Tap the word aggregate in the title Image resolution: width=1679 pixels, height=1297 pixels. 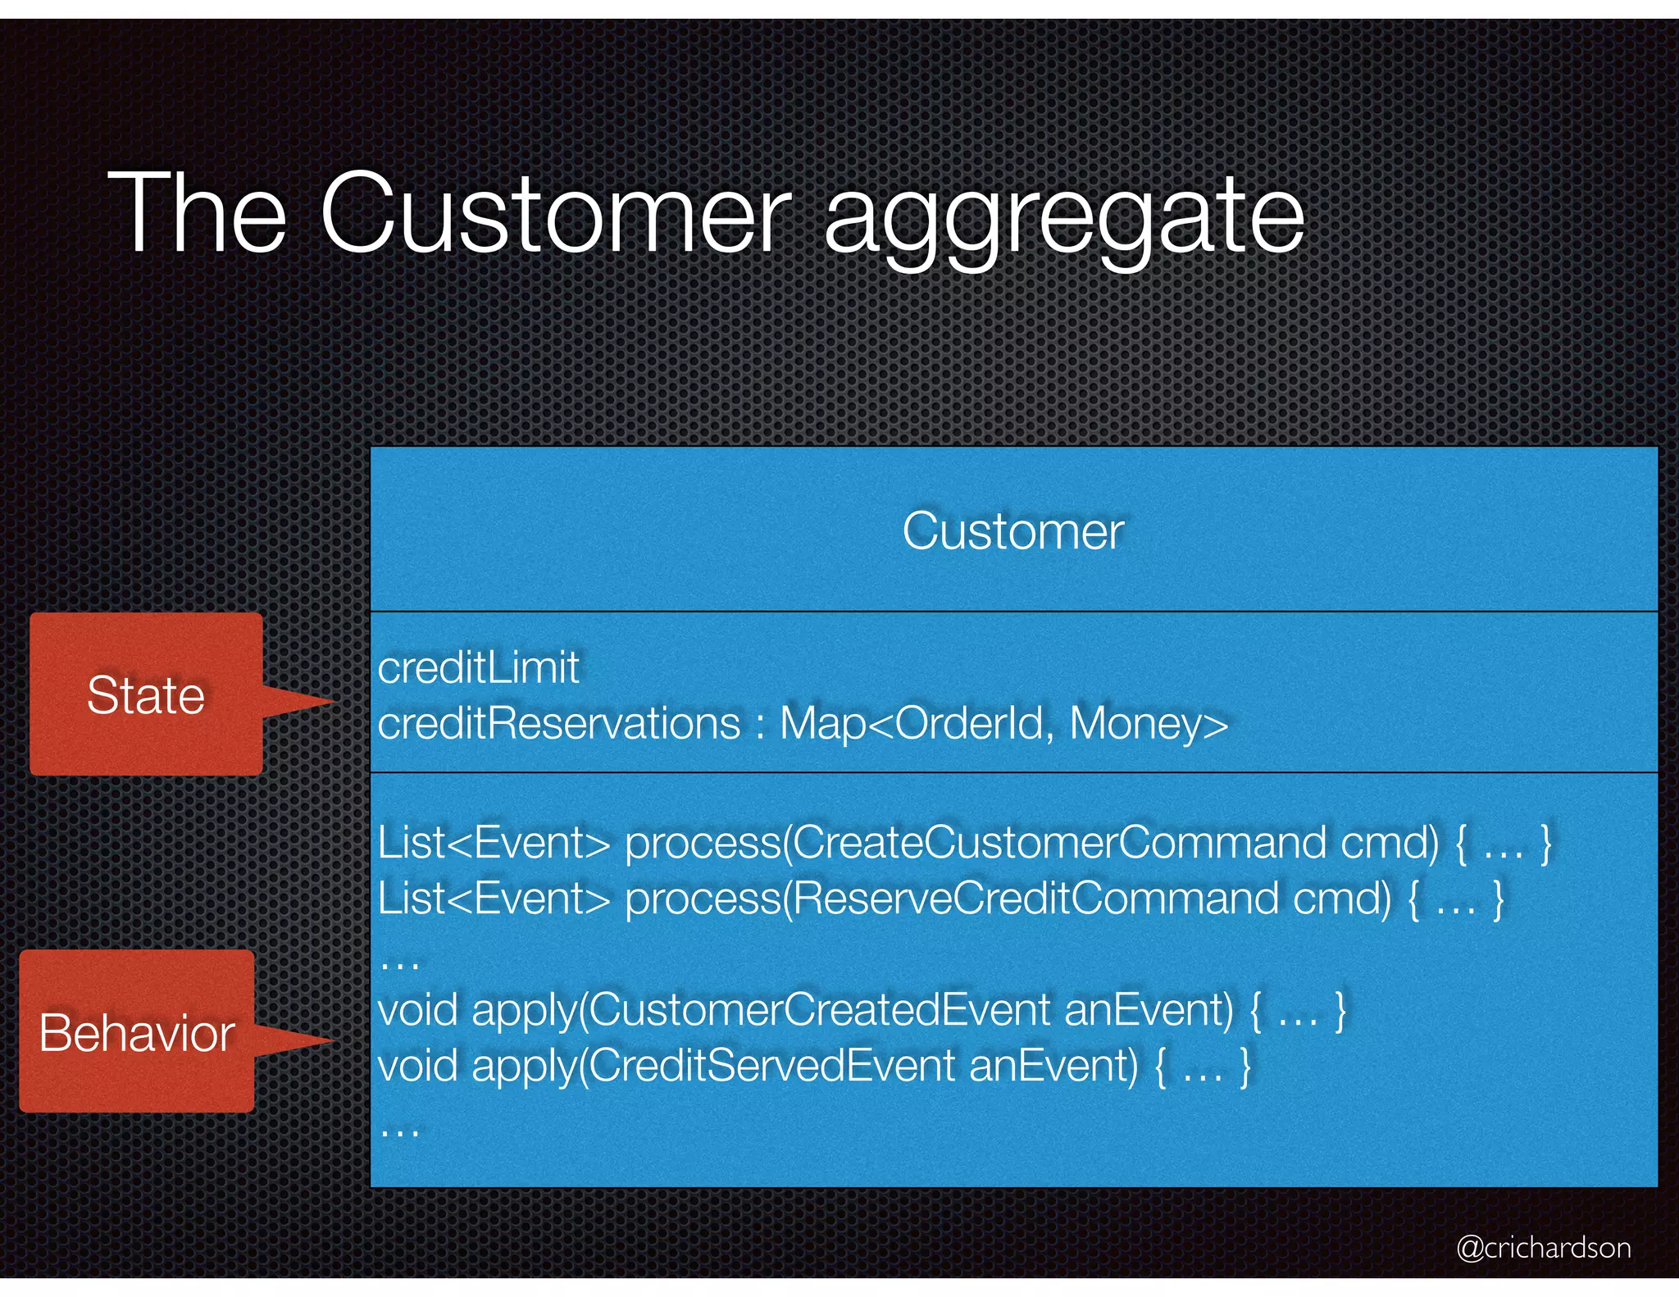1063,215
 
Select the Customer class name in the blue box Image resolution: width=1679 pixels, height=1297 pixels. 1012,531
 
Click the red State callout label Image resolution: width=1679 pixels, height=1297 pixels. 146,695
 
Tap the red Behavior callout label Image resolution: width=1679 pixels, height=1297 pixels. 137,1032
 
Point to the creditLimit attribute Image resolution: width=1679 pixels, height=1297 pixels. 478,667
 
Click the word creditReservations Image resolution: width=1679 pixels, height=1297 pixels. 559,723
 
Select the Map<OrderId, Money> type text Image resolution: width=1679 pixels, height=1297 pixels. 1003,723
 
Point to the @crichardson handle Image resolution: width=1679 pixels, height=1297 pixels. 1543,1247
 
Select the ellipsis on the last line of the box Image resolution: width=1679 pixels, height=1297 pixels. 400,1131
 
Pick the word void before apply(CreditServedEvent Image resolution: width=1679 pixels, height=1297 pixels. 417,1066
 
